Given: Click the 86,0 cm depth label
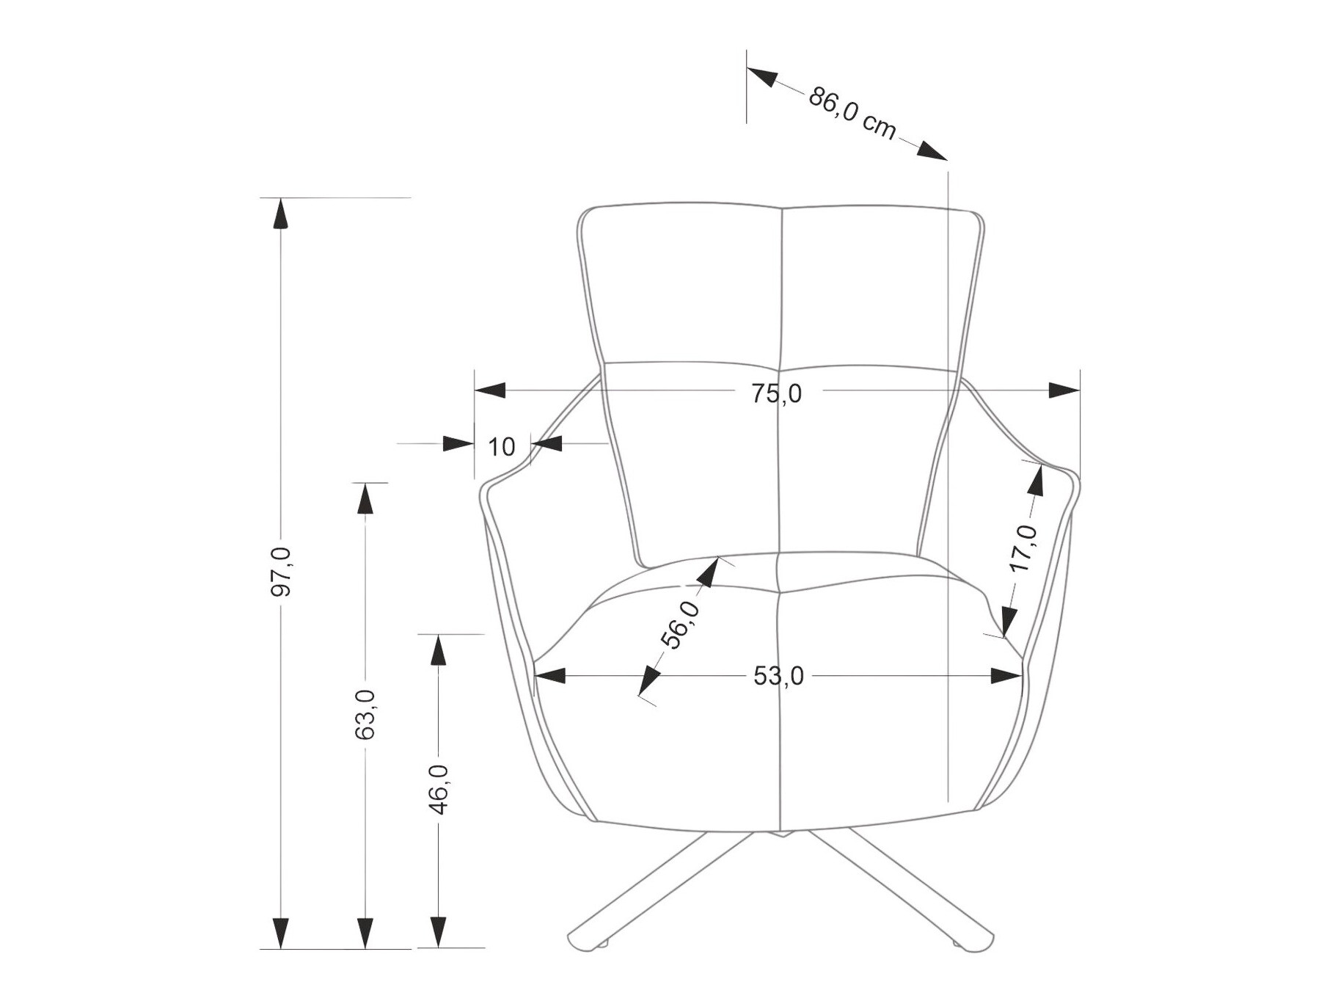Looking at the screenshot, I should (x=852, y=112).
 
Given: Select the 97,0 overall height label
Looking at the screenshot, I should (x=281, y=572).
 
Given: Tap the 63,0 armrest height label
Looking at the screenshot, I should (x=365, y=713).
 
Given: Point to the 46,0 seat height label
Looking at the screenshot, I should (x=438, y=788).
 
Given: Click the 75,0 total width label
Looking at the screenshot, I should (x=776, y=394).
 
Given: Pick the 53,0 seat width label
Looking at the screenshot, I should (x=778, y=676).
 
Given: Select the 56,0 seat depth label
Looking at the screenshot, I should (x=680, y=625).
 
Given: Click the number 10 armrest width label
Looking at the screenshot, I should (x=502, y=446).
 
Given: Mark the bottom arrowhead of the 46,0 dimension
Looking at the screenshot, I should (x=438, y=932).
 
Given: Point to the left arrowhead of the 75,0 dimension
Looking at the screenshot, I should (x=490, y=390).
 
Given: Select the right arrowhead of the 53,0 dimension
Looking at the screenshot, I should (x=1006, y=676).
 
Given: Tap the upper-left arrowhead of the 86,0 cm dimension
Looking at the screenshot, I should (x=762, y=76).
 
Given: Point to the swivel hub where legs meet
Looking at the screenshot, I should (x=780, y=834).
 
